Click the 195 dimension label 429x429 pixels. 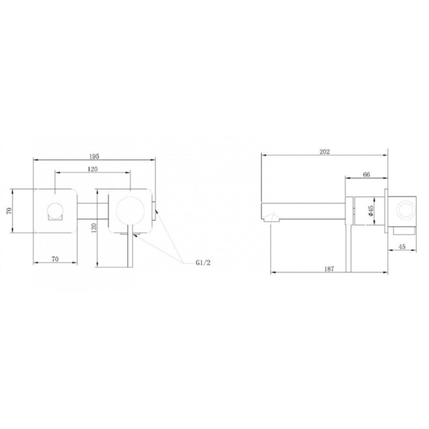pos(94,156)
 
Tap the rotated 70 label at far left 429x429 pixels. pos(9,211)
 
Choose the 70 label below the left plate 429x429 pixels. pos(55,259)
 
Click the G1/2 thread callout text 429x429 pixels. pos(203,263)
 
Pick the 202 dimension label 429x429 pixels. pos(325,152)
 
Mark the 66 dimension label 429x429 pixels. pos(366,174)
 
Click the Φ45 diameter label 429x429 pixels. pos(371,211)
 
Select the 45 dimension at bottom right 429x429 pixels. pos(402,247)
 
